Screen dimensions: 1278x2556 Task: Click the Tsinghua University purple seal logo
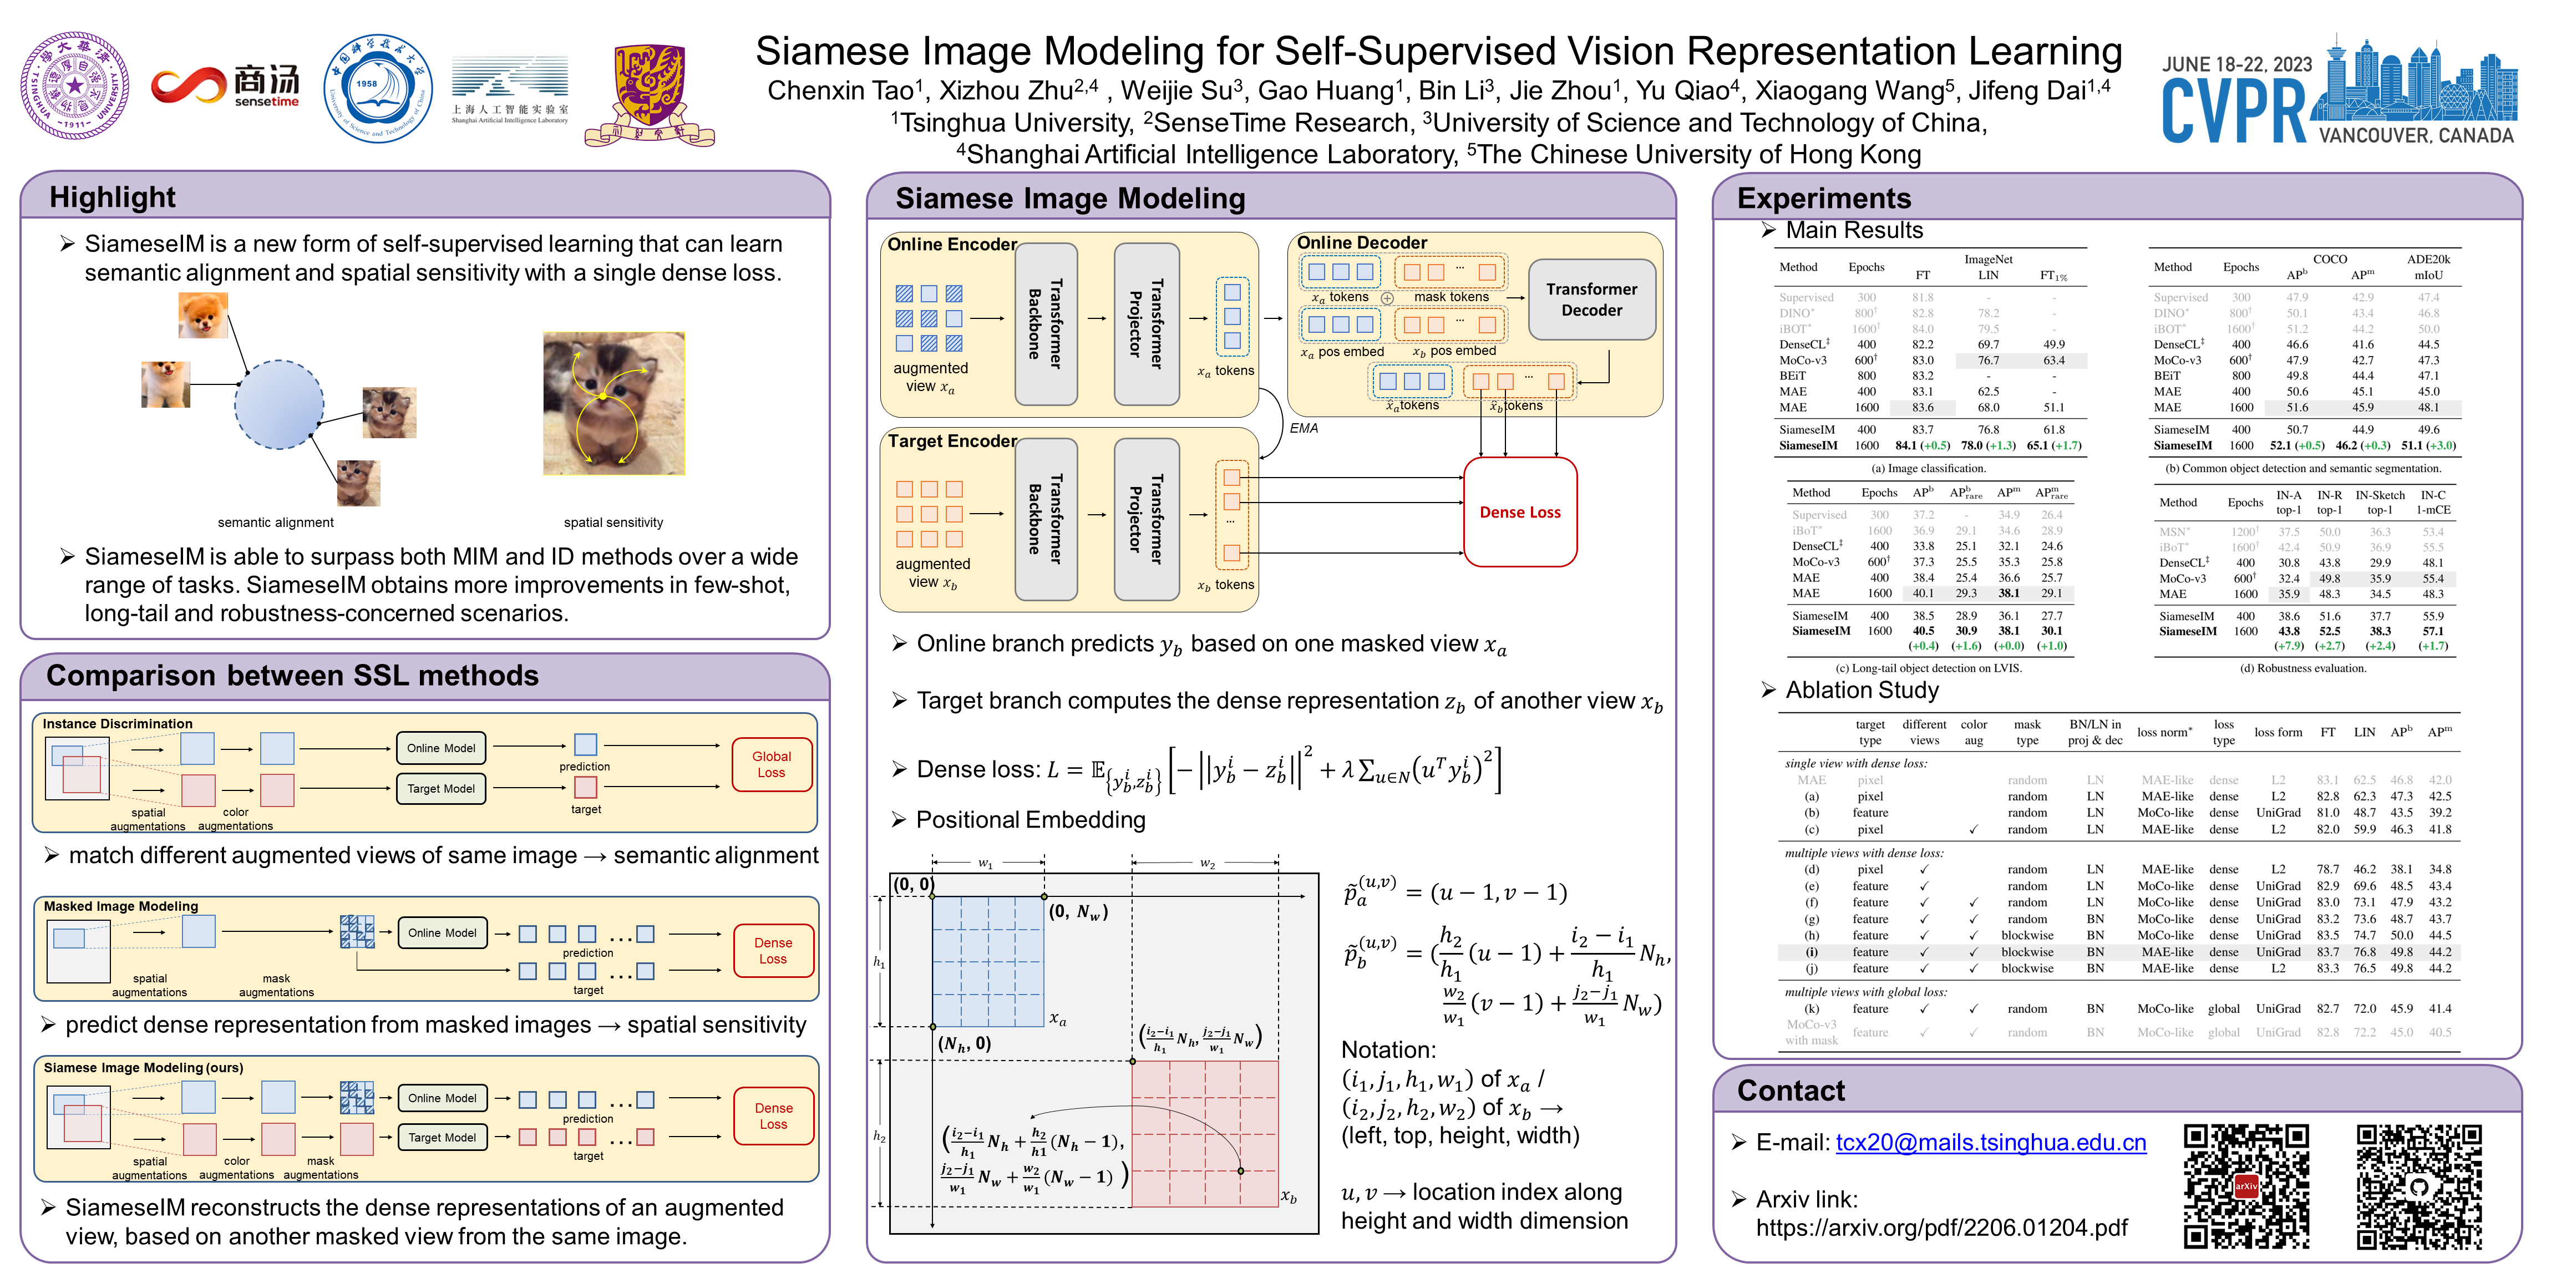pos(75,85)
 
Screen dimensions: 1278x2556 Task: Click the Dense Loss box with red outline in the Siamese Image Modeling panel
pos(1519,512)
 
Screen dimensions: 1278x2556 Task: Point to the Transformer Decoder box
pos(1591,300)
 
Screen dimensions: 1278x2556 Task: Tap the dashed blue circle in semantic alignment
pos(279,404)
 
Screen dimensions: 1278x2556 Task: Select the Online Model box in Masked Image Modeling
pos(442,932)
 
